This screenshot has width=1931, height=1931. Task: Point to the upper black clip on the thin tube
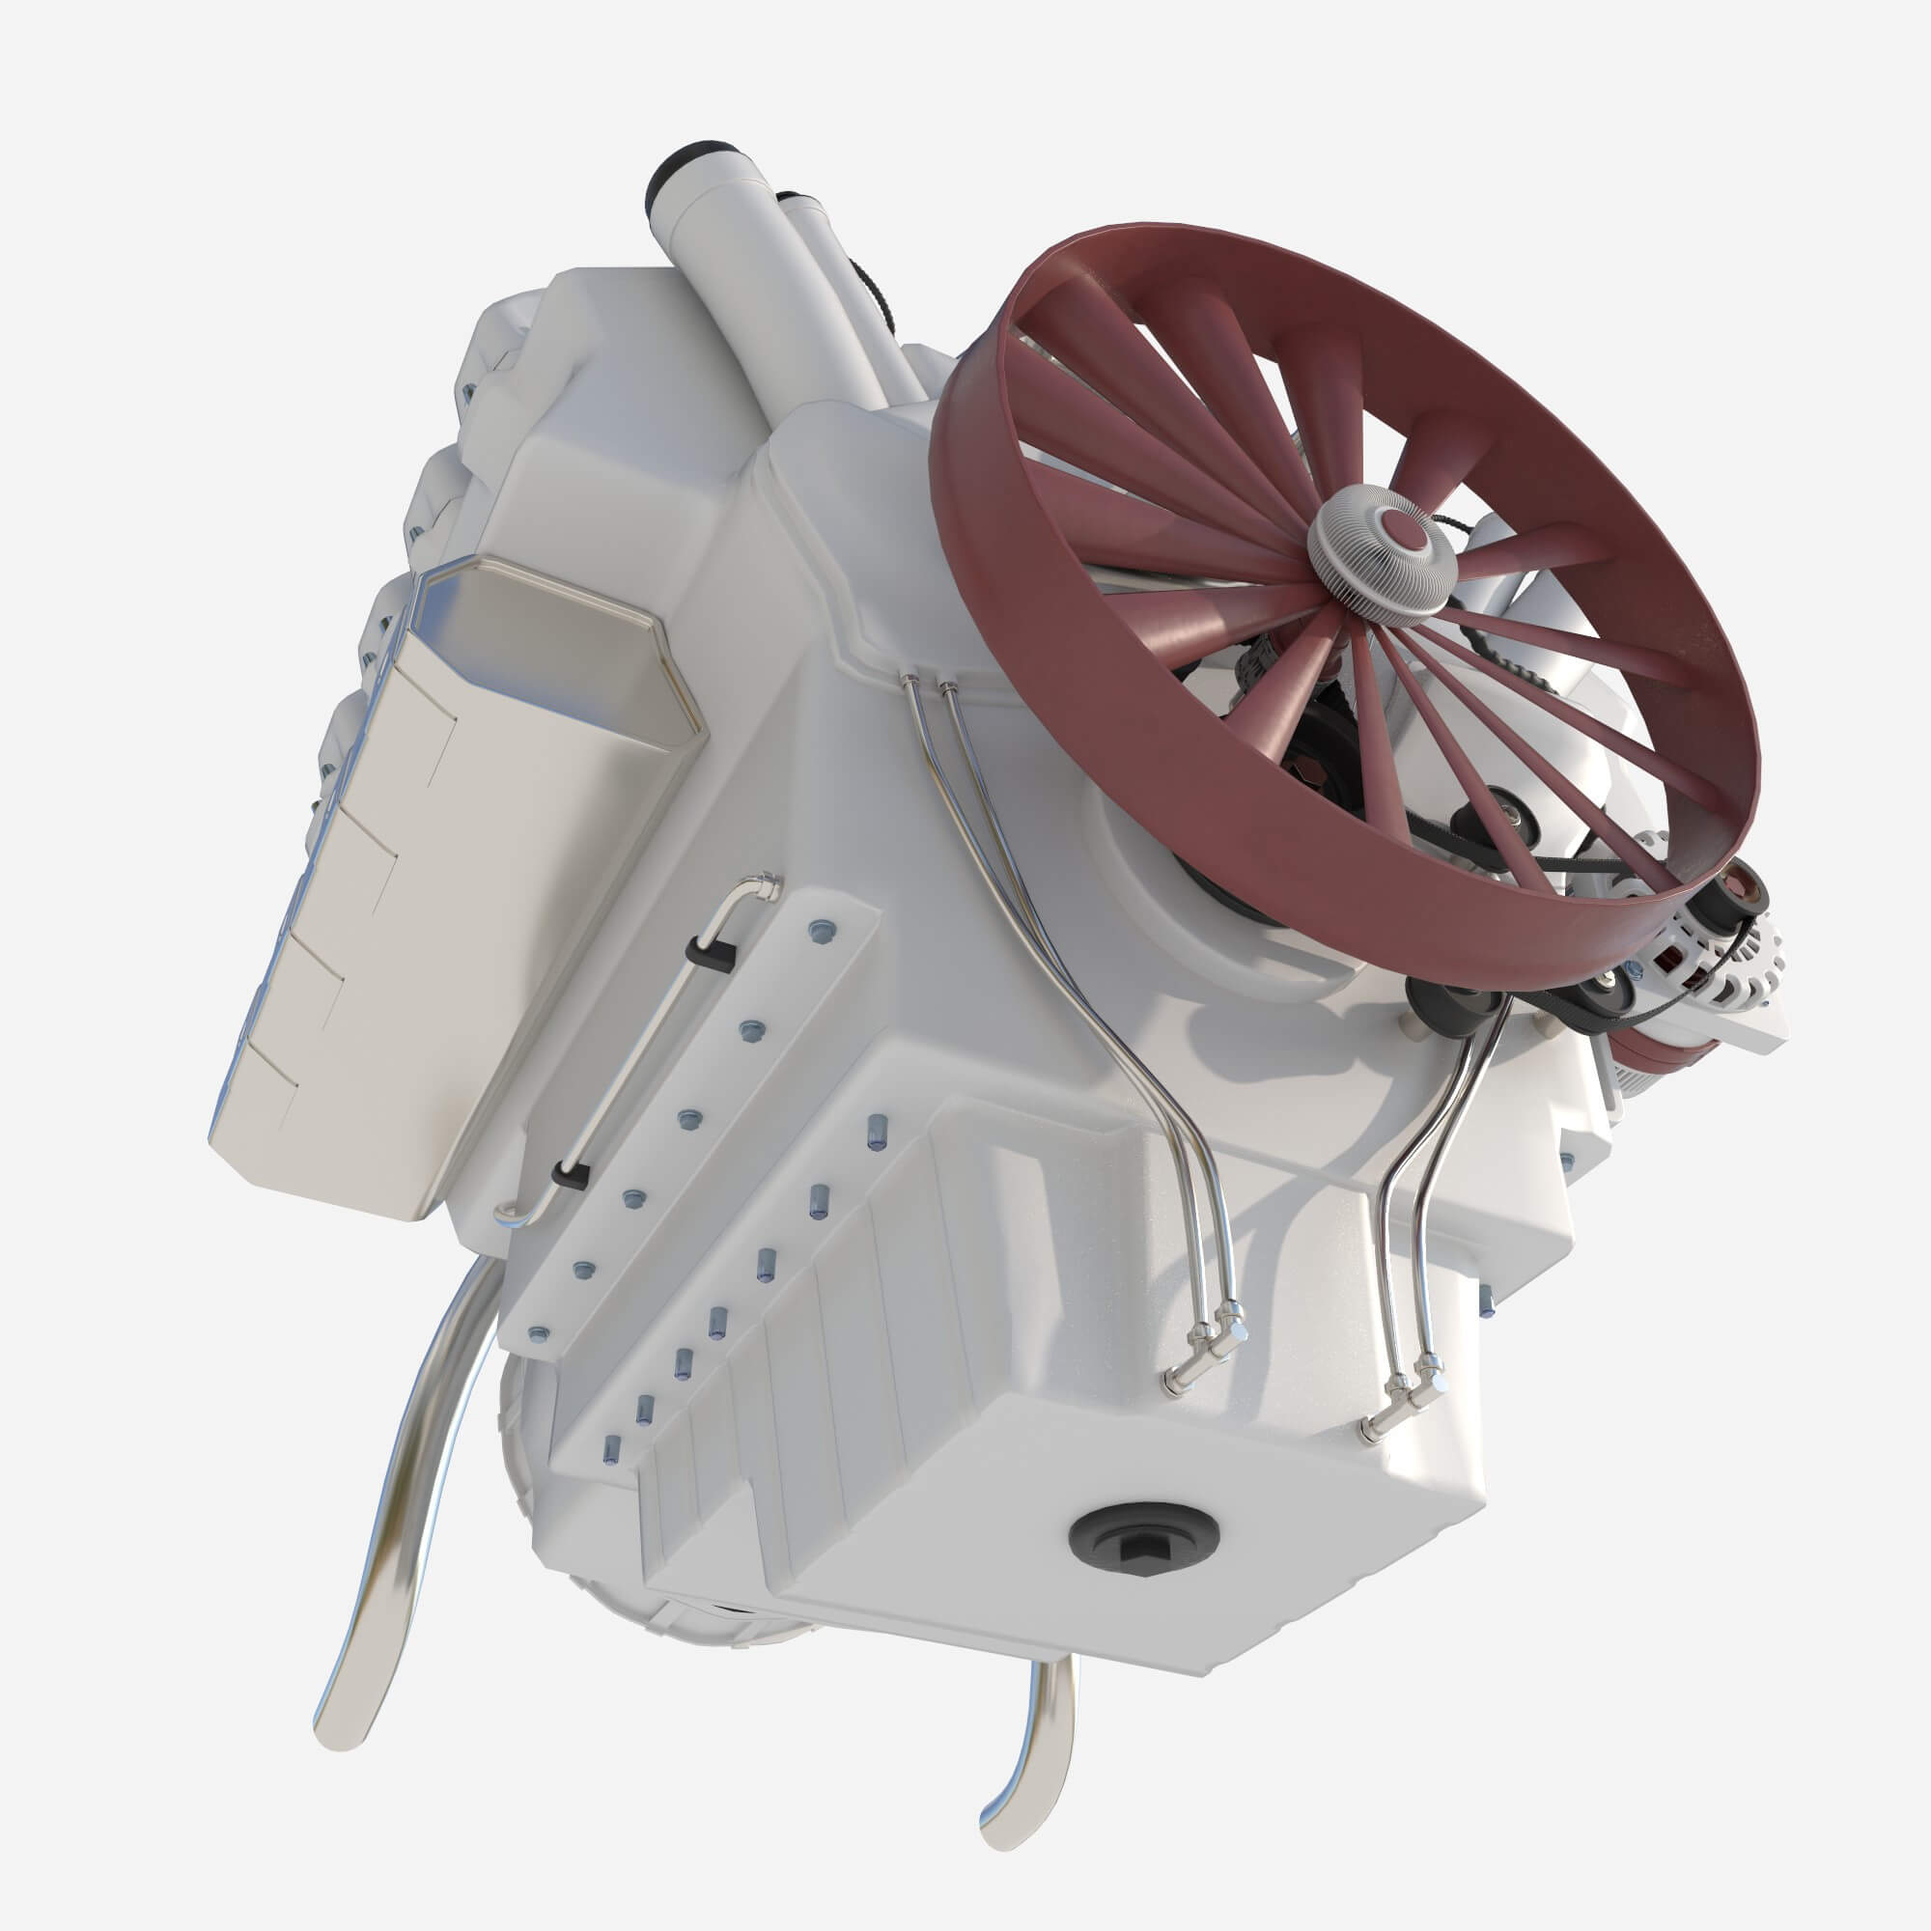click(713, 953)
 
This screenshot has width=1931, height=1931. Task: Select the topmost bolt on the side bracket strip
click(821, 931)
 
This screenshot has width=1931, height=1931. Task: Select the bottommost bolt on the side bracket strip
click(539, 1332)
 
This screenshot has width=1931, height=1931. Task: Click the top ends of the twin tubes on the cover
click(926, 683)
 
